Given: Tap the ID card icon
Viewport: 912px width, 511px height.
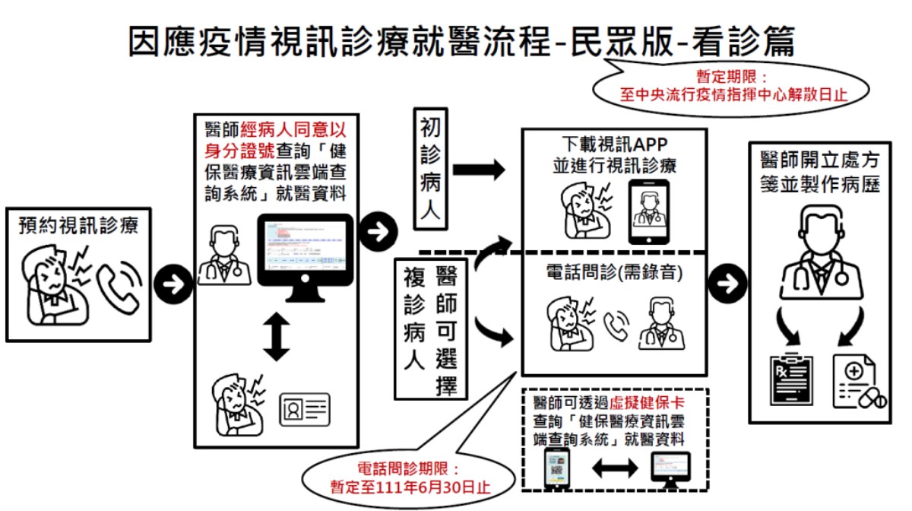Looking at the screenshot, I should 305,410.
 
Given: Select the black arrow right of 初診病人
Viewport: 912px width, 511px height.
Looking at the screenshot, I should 478,170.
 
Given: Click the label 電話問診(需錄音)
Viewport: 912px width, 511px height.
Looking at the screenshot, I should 615,273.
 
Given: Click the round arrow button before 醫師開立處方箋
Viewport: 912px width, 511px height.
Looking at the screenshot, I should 726,284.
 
